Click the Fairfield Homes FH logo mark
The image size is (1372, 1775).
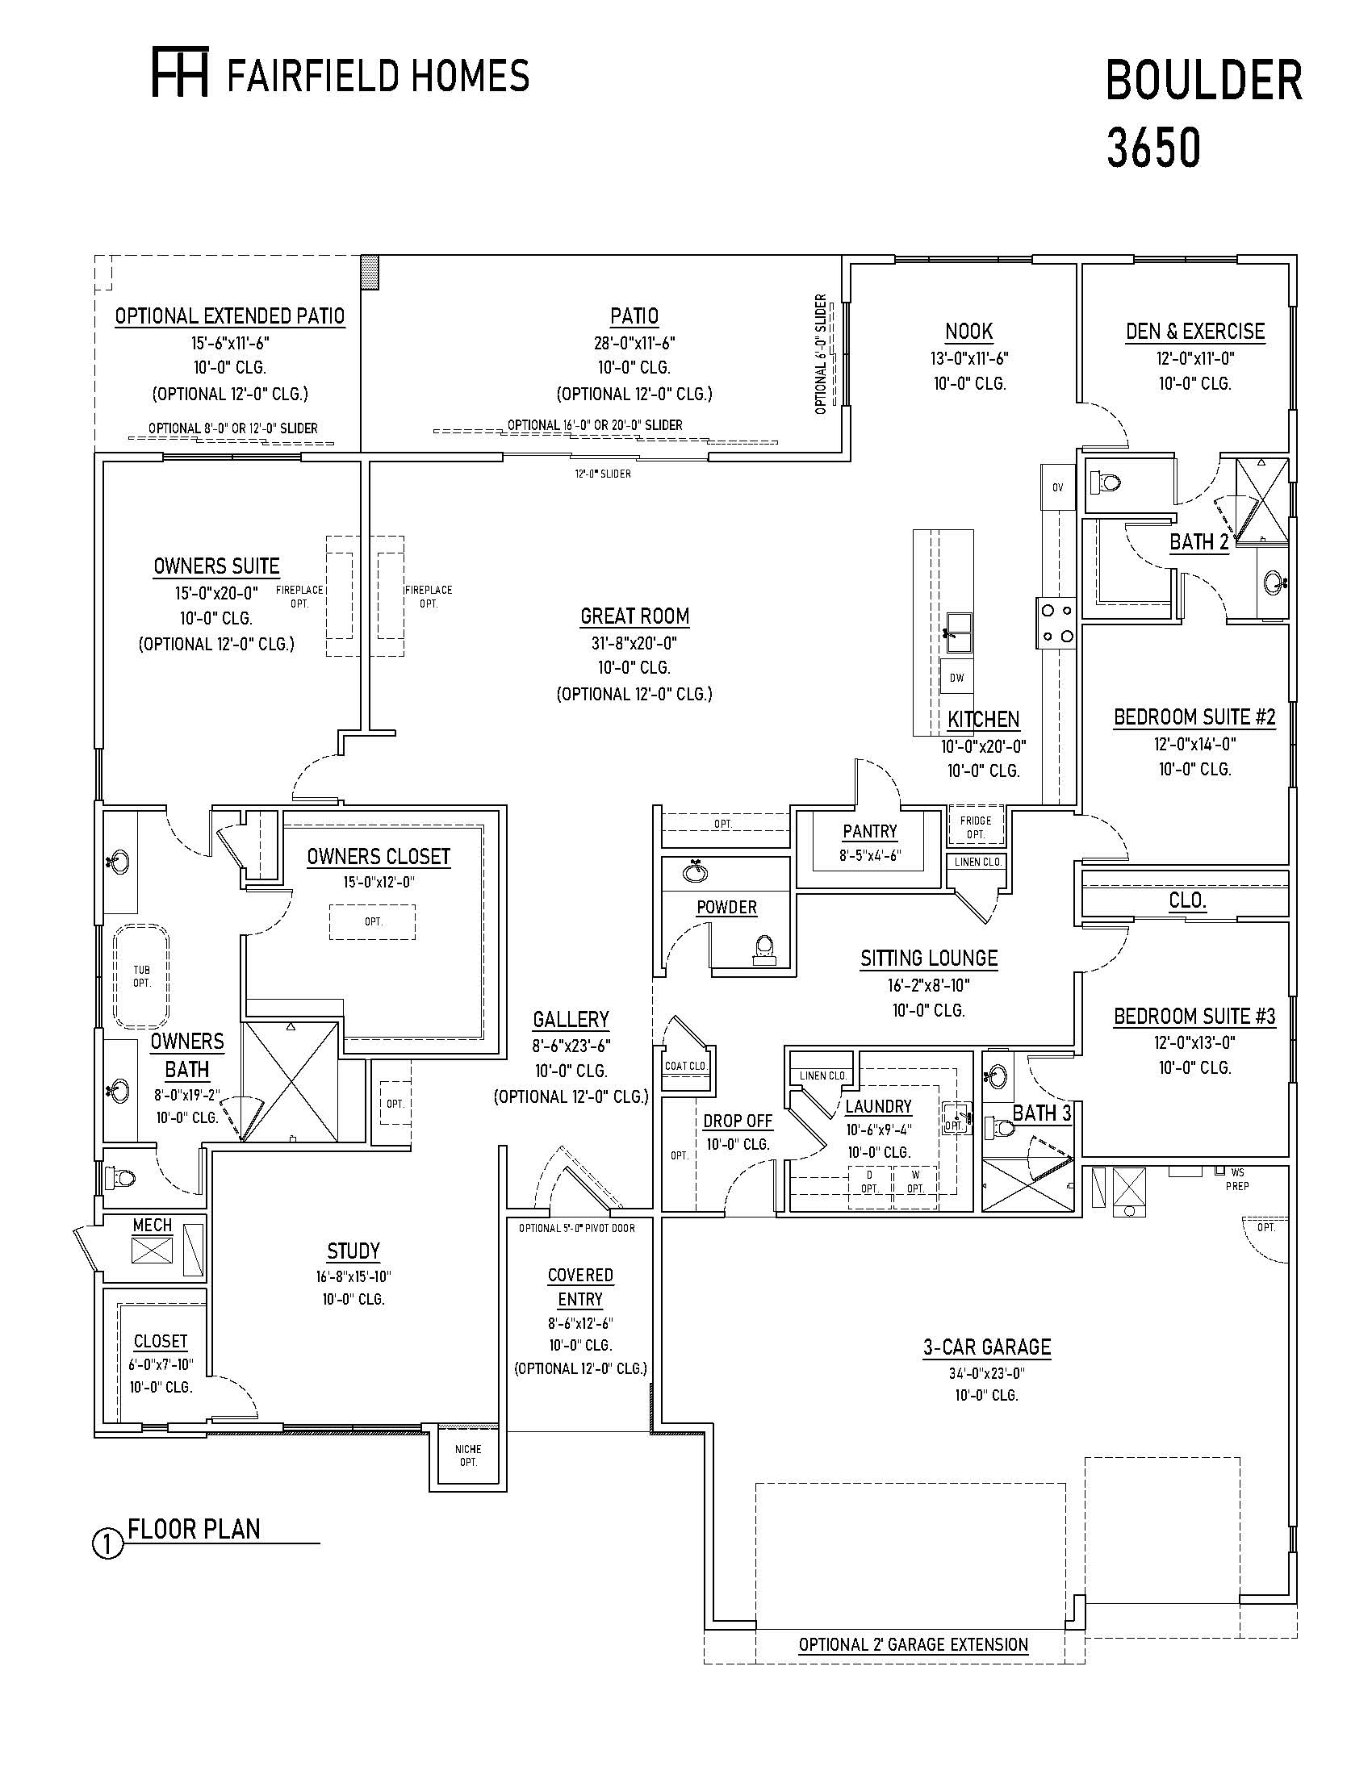coord(181,72)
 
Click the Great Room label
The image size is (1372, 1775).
coord(635,616)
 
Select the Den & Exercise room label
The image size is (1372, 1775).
coord(1194,332)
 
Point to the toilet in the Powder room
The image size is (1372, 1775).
coord(763,950)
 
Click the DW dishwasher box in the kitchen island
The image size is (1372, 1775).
coord(956,677)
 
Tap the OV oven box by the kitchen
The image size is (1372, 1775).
coord(1057,487)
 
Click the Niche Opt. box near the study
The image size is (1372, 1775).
coord(468,1455)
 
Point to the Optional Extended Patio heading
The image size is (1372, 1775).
coord(229,315)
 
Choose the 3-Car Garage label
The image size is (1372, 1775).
coord(987,1347)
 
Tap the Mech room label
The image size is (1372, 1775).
coord(152,1224)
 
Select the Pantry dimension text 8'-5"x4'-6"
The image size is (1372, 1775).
coord(870,855)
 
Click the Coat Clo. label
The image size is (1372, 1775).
coord(686,1066)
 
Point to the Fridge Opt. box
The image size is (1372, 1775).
coord(976,826)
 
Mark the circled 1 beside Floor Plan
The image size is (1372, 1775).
coord(107,1543)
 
